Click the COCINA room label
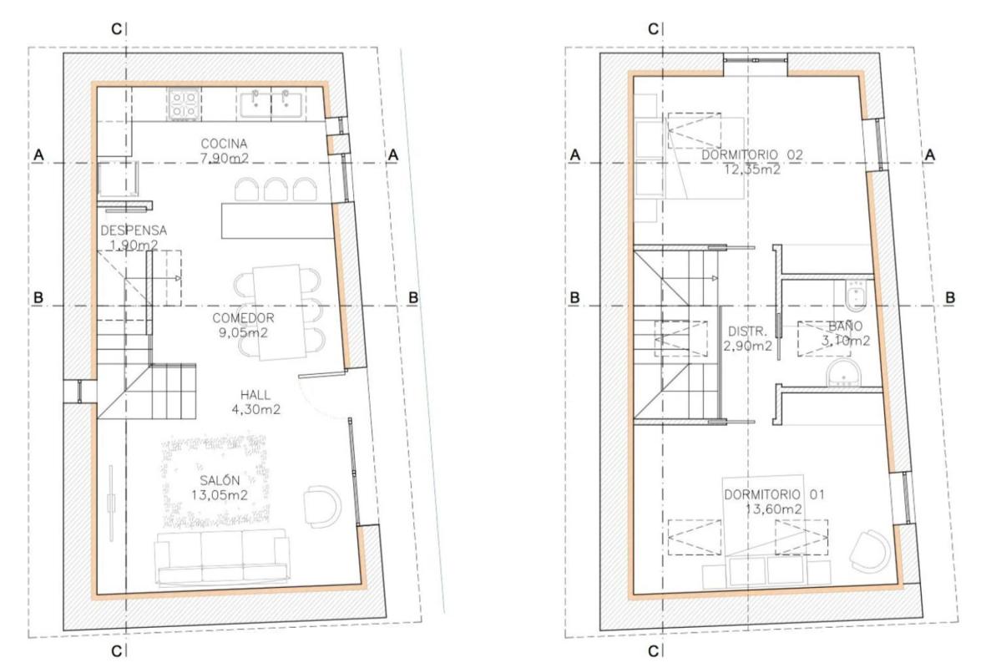click(224, 144)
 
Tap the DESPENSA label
click(134, 230)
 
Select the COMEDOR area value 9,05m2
click(243, 333)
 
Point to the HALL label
click(255, 395)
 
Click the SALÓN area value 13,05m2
click(220, 495)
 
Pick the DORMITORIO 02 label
click(752, 154)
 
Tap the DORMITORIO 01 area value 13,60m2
click(773, 509)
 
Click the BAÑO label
click(845, 326)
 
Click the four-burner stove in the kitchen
click(185, 104)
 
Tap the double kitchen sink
click(271, 104)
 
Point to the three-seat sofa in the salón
click(222, 558)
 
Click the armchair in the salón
click(322, 505)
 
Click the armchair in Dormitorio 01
click(870, 551)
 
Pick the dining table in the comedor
click(279, 313)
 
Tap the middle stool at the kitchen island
click(276, 190)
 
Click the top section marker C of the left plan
click(116, 28)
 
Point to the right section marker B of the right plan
click(950, 298)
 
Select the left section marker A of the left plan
click(38, 154)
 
